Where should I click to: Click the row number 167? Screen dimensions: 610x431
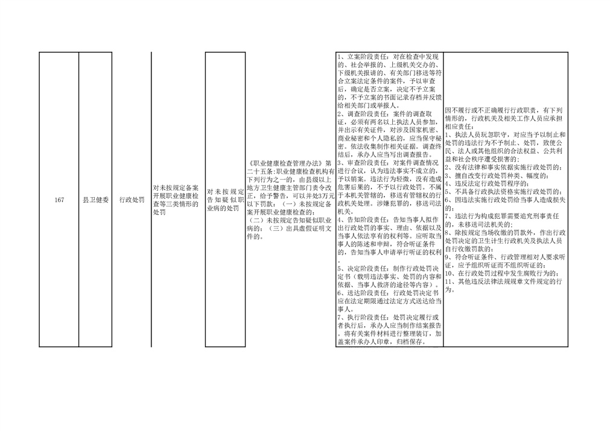click(x=59, y=200)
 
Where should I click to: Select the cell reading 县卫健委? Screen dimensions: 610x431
click(x=95, y=200)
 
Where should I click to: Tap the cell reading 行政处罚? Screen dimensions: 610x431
click(x=132, y=200)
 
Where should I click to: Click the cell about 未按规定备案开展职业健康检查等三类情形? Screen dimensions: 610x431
click(x=176, y=200)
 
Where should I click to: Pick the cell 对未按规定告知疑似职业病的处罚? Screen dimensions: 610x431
click(x=225, y=200)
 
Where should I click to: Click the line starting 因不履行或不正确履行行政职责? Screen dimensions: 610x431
click(x=503, y=110)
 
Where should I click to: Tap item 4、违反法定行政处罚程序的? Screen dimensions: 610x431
click(x=487, y=183)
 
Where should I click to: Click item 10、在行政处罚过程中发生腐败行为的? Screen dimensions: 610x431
click(x=503, y=273)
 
